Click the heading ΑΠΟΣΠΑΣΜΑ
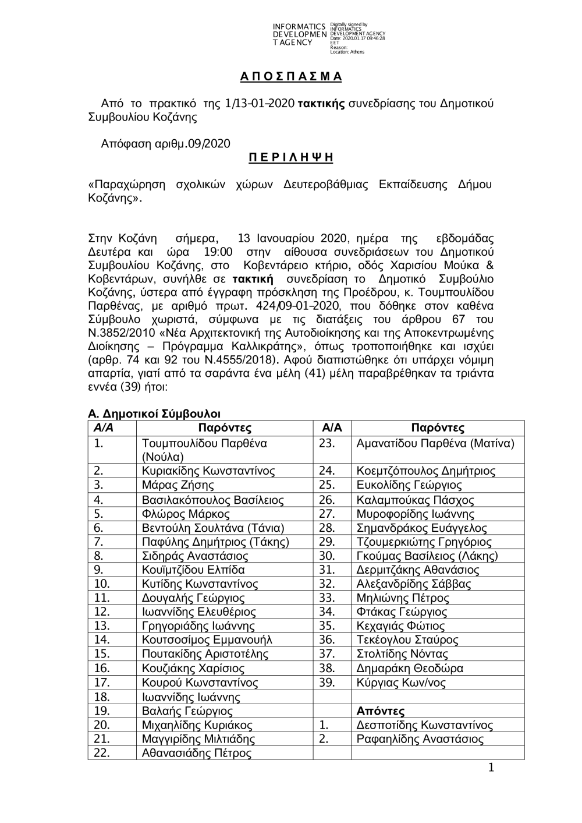291,77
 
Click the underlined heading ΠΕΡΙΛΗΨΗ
291,158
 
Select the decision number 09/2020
208,143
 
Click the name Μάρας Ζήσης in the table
178,485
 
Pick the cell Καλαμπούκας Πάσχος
415,500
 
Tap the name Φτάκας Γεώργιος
402,612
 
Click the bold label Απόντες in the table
380,711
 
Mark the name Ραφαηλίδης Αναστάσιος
420,739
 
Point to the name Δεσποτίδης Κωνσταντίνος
424,725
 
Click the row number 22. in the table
102,753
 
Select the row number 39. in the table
327,682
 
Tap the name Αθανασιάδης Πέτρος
197,753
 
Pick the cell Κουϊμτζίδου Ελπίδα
193,570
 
